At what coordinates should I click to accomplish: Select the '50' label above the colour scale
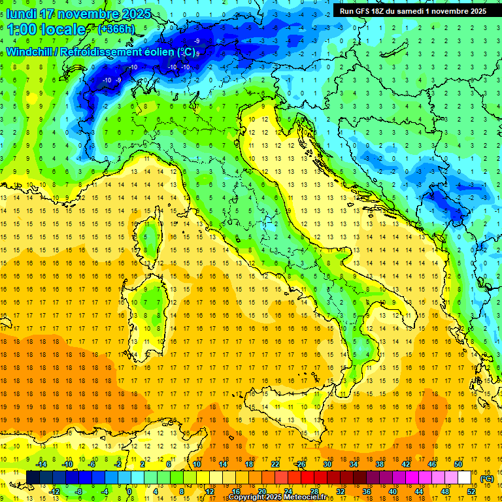[458, 464]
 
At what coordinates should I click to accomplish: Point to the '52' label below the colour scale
[471, 492]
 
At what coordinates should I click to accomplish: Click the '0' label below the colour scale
[129, 492]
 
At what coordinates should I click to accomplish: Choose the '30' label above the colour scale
[327, 464]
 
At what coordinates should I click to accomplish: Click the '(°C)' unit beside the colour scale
[487, 478]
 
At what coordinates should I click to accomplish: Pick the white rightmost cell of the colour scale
[465, 478]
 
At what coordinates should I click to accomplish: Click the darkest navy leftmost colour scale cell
[33, 478]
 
